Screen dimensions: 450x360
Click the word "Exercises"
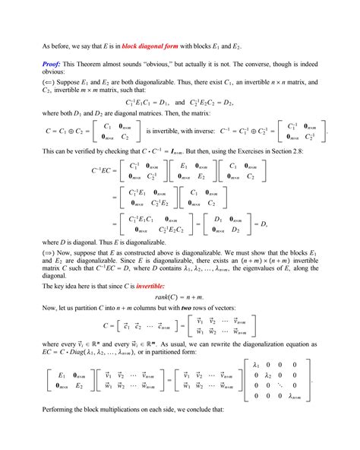coord(258,164)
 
